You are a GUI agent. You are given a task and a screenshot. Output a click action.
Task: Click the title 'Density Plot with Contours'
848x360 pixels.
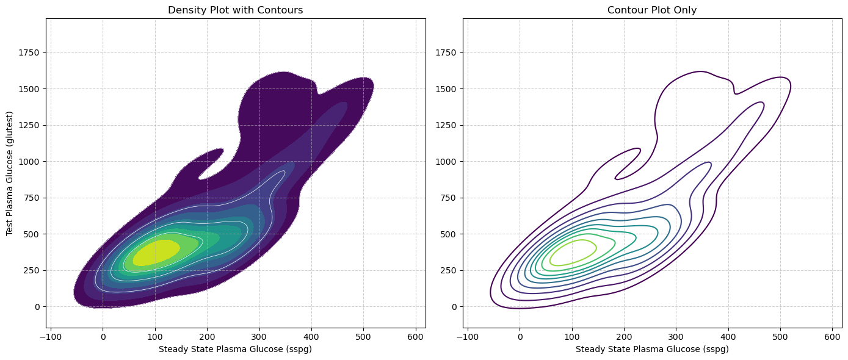pos(236,10)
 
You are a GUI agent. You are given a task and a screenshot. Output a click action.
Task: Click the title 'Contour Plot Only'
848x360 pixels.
pos(652,10)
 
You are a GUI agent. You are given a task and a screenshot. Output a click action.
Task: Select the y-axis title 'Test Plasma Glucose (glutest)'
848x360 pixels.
pos(10,174)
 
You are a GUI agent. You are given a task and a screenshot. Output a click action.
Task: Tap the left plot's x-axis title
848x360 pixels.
pos(236,350)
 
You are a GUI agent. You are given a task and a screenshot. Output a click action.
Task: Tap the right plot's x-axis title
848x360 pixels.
pos(652,350)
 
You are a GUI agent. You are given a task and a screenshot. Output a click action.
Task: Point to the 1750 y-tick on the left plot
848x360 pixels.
pos(29,53)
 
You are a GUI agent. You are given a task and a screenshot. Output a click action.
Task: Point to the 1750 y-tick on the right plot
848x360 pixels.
pos(446,53)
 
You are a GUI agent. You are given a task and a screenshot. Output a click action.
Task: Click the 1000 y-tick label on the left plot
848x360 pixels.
pos(29,162)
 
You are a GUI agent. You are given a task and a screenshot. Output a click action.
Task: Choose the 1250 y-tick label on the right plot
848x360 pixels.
pos(446,126)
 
